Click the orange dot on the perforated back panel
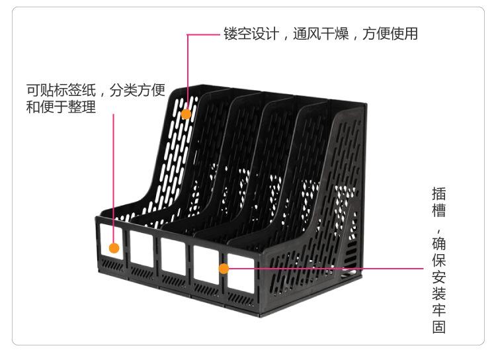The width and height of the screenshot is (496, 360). click(x=186, y=114)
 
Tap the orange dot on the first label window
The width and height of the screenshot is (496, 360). click(x=114, y=248)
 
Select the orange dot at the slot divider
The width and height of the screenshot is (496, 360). click(x=224, y=268)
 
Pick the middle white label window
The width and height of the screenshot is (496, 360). click(x=172, y=256)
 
